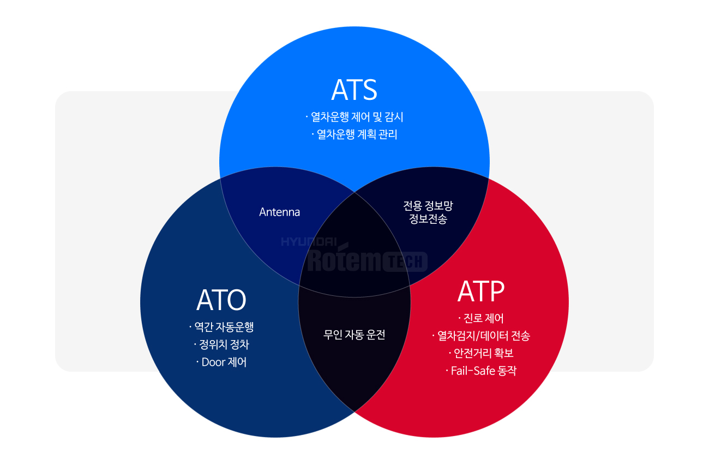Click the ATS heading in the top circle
point(354,90)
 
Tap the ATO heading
point(221,300)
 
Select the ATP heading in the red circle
point(481,291)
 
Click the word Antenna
point(279,212)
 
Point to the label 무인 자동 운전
point(354,335)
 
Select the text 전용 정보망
point(428,206)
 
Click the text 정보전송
point(428,218)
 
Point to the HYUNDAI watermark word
point(309,242)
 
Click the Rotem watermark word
point(346,259)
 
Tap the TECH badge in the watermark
point(405,261)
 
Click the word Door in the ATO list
point(213,362)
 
